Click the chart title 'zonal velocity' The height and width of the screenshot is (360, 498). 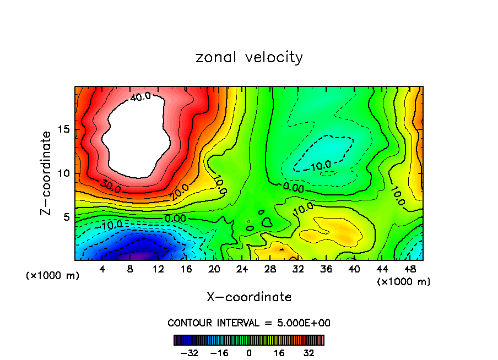(249, 57)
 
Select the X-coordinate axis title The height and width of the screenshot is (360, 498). (249, 297)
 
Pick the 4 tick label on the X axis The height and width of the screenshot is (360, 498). (102, 269)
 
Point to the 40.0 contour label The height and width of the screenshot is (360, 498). (140, 97)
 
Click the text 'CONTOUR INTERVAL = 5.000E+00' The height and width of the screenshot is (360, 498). (249, 323)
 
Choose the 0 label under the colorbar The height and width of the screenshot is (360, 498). (249, 353)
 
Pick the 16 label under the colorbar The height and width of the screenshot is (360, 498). (279, 353)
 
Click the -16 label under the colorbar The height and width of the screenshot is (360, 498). (219, 353)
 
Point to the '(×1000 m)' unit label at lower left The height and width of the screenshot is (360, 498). (53, 276)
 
